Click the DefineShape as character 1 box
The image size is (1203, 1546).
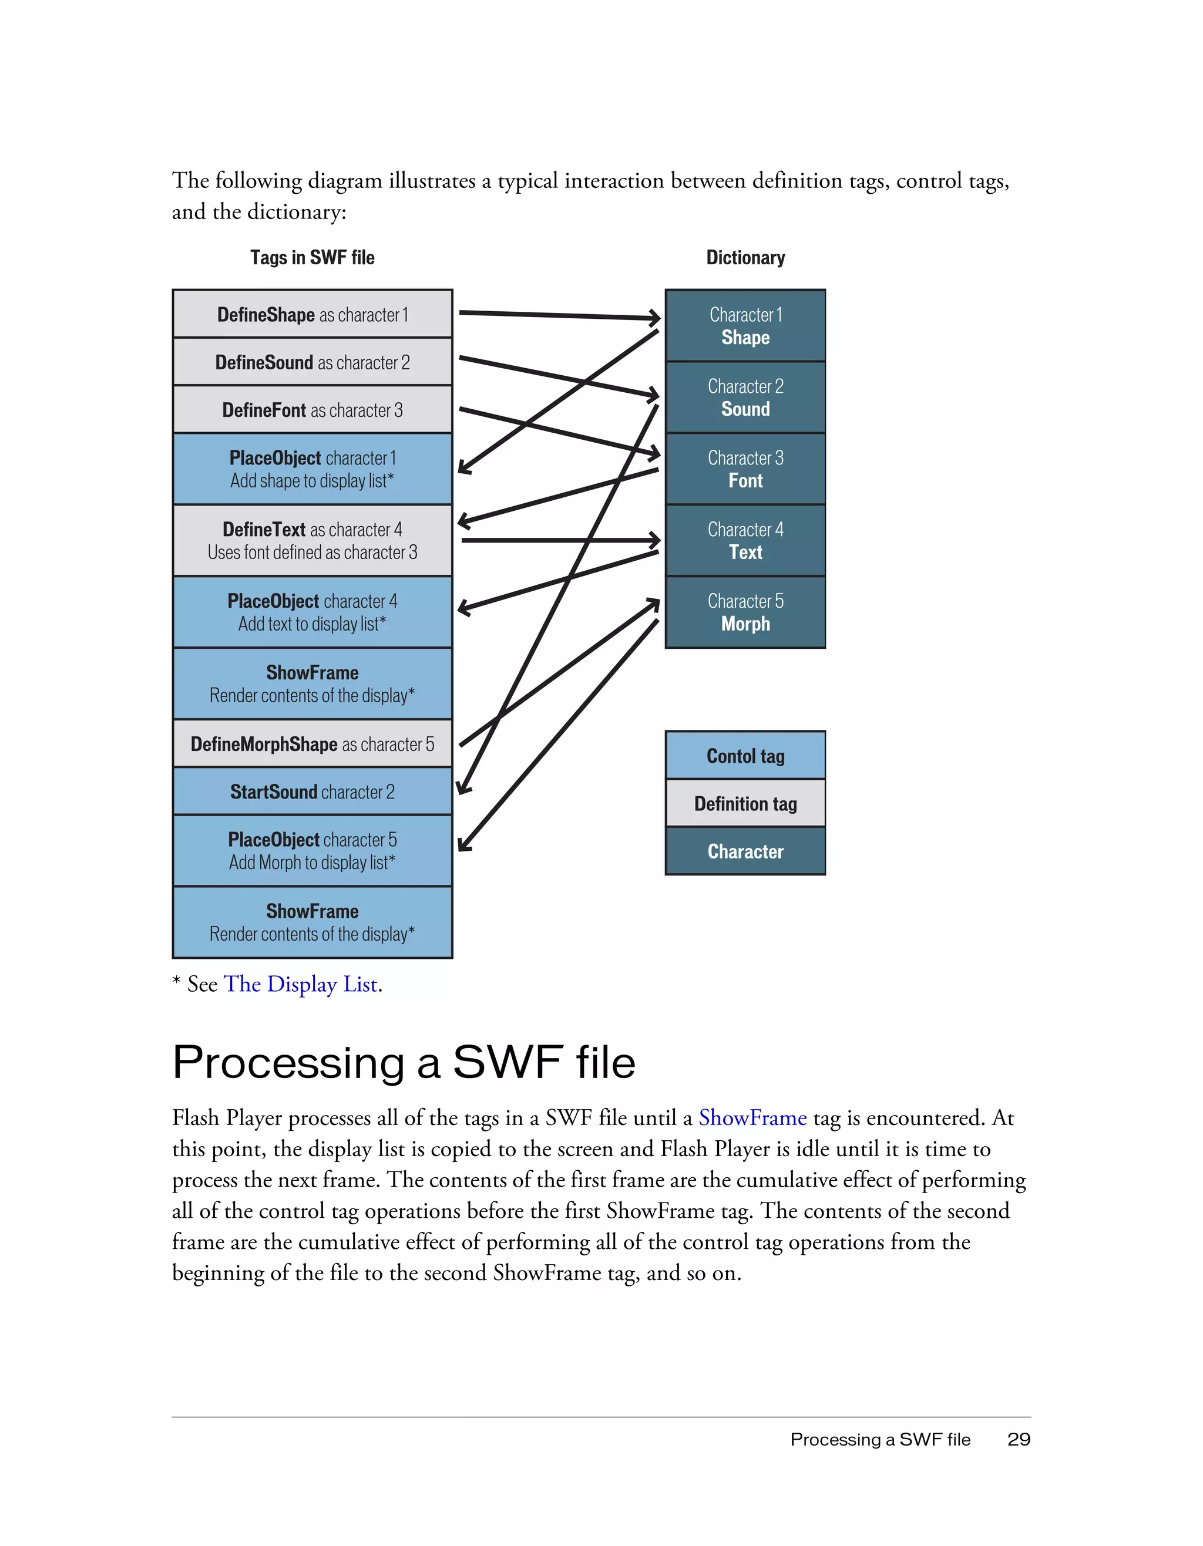coord(312,314)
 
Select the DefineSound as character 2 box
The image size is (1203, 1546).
coord(312,362)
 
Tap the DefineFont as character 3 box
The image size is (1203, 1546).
coord(312,410)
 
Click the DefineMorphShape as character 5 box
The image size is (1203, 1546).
coord(312,744)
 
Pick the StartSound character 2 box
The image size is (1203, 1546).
coord(312,791)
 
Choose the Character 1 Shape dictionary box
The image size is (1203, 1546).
coord(745,326)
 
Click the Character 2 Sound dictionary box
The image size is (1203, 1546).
coord(745,397)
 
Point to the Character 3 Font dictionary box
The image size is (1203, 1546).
coord(745,469)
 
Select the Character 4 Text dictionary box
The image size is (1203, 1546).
coord(745,540)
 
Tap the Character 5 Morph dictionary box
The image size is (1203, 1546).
coord(745,612)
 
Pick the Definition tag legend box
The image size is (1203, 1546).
coord(745,803)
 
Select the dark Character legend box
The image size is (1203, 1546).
coord(745,851)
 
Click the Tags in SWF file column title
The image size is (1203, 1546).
coord(312,258)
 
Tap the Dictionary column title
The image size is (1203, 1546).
coord(745,258)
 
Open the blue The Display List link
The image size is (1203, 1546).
coord(300,984)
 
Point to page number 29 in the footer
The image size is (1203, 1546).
coord(1018,1439)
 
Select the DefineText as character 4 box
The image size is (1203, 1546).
coord(312,540)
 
